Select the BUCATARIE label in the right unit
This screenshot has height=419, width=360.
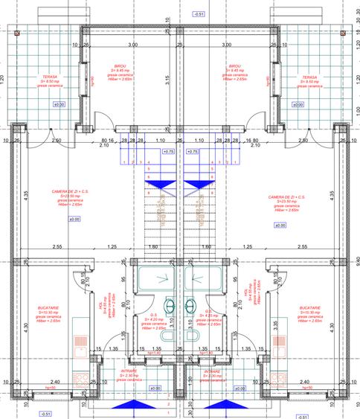click(x=310, y=307)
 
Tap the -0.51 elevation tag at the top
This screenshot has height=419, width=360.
click(x=199, y=14)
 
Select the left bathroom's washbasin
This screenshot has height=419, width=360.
click(x=170, y=305)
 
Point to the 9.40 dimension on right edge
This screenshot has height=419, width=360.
click(x=356, y=260)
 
